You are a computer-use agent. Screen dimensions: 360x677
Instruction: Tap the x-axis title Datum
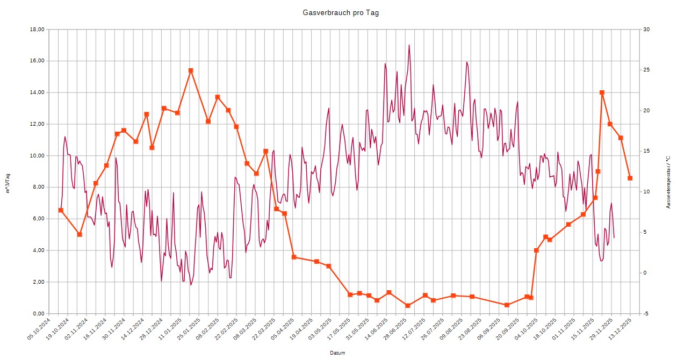(338, 353)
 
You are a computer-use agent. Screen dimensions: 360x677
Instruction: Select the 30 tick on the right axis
(646, 30)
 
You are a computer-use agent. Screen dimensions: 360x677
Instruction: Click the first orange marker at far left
(61, 210)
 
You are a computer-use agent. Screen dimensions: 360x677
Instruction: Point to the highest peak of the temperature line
(409, 45)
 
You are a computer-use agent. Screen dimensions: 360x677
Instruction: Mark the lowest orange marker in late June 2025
(408, 305)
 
